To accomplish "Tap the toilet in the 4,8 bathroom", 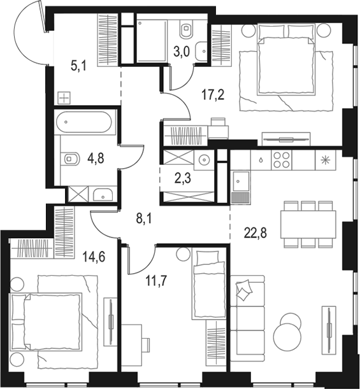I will point(69,159).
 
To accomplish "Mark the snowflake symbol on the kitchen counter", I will point(326,159).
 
